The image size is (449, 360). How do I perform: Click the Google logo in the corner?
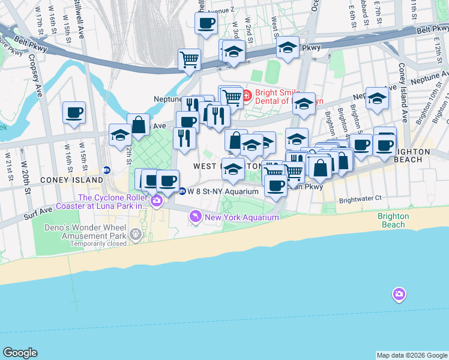point(20,353)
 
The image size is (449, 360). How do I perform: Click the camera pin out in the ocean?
point(399,294)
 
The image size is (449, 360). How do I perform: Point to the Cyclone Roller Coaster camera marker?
point(157,200)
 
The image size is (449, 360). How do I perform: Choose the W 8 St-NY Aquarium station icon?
point(182,191)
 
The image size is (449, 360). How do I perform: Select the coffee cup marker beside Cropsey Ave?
point(74,112)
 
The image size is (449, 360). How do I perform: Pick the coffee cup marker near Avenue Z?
point(206,23)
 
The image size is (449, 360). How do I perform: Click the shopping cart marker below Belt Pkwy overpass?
point(189,59)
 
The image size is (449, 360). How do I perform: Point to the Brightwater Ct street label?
point(360,198)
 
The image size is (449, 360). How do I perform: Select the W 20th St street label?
point(26,179)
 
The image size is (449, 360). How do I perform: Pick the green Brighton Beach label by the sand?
point(393,220)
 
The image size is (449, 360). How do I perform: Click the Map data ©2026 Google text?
point(412,355)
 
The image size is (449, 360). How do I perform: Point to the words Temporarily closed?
point(98,244)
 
